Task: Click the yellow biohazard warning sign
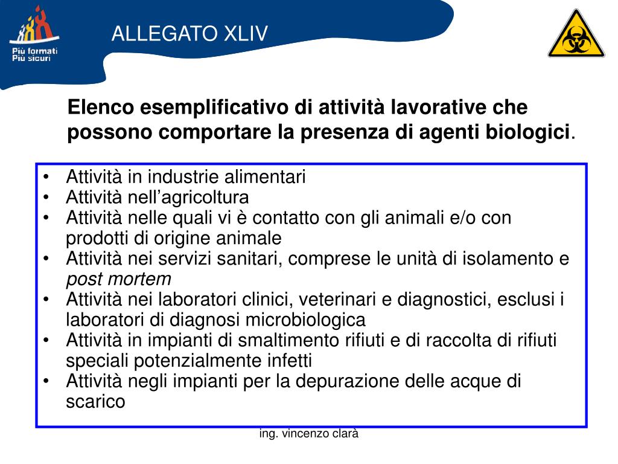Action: [x=576, y=36]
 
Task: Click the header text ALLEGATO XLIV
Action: [x=190, y=34]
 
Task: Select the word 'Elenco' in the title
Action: [x=101, y=108]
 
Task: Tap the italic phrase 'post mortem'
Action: [x=118, y=279]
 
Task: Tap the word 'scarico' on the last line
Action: [x=95, y=402]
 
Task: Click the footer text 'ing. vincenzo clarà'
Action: [x=309, y=433]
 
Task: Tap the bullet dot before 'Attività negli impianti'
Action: [x=47, y=382]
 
